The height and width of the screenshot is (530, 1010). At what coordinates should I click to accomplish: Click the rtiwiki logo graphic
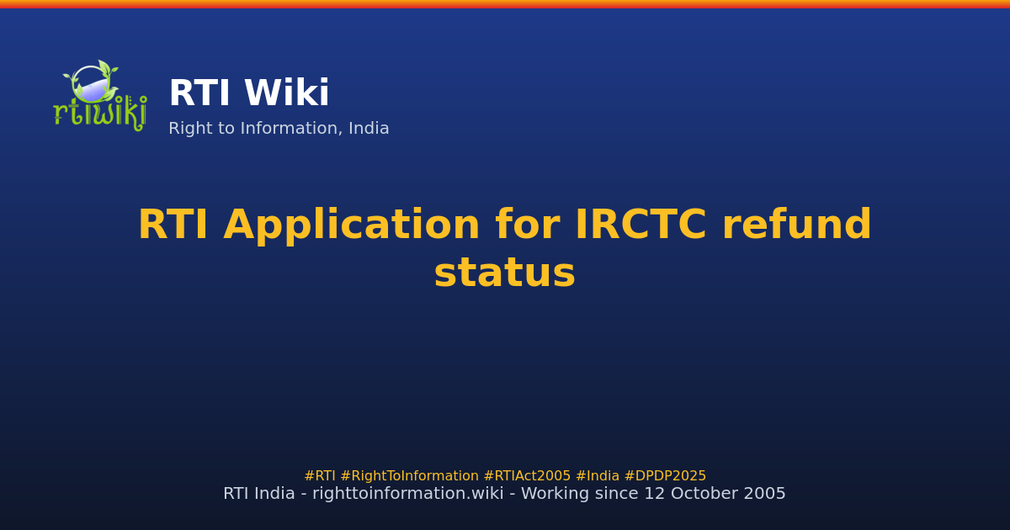pyautogui.click(x=99, y=94)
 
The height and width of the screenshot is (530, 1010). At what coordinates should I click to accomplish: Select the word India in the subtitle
pyautogui.click(x=369, y=129)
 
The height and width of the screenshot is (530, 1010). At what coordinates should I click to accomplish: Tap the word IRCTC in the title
pyautogui.click(x=641, y=226)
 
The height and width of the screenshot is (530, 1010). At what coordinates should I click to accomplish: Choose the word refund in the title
pyautogui.click(x=796, y=226)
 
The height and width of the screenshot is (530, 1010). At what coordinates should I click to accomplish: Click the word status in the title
pyautogui.click(x=504, y=274)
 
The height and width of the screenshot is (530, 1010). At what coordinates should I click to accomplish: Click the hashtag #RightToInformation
pyautogui.click(x=409, y=476)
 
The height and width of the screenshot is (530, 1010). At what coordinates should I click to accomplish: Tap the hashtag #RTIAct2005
pyautogui.click(x=527, y=476)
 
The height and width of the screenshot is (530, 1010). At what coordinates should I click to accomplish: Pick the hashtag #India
pyautogui.click(x=597, y=476)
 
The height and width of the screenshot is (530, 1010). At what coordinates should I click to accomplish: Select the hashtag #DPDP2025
pyautogui.click(x=665, y=476)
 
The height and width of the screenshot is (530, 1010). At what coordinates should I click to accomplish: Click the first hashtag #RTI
pyautogui.click(x=320, y=476)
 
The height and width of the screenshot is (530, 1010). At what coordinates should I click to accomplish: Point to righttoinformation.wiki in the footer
pyautogui.click(x=402, y=494)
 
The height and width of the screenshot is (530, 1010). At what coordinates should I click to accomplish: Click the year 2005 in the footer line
pyautogui.click(x=767, y=494)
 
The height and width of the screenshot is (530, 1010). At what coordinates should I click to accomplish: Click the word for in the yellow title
pyautogui.click(x=527, y=226)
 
